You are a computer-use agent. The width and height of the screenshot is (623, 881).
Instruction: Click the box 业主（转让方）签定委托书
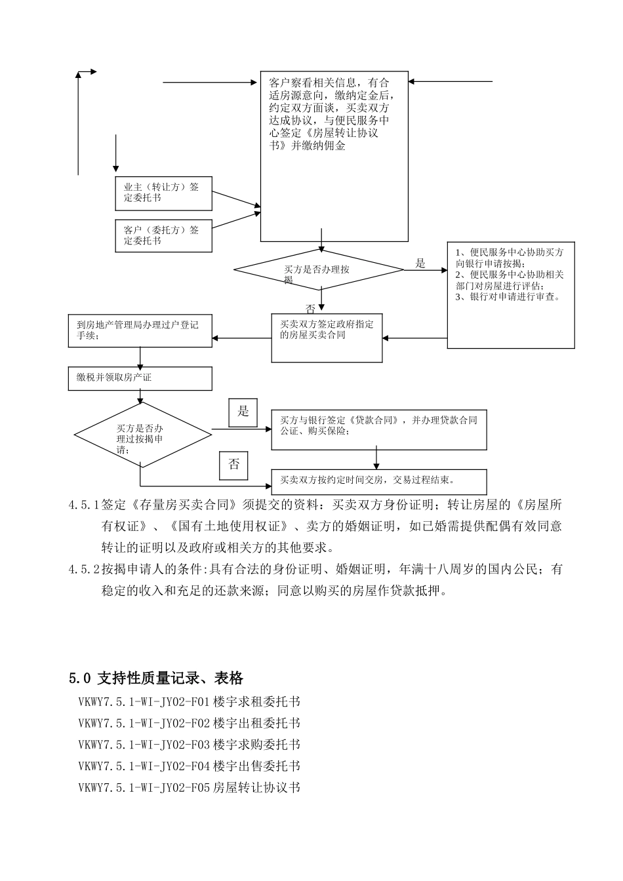(163, 193)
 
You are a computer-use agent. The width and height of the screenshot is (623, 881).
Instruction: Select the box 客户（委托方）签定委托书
(163, 235)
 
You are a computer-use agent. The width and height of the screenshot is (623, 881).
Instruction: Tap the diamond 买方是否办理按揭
(319, 269)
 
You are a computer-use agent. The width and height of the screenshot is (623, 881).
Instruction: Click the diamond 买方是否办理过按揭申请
(142, 434)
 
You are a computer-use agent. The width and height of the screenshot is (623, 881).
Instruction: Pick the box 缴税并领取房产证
(140, 378)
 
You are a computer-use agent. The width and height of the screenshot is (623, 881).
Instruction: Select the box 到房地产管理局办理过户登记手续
(140, 331)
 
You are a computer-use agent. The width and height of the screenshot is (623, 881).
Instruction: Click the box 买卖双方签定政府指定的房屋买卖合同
(327, 338)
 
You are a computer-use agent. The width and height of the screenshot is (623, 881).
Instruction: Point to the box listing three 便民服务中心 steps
(511, 294)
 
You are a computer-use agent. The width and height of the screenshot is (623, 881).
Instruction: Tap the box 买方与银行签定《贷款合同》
(379, 430)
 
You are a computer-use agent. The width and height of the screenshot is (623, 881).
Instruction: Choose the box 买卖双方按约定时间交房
(379, 481)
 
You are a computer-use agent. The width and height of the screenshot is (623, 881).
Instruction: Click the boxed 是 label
(243, 412)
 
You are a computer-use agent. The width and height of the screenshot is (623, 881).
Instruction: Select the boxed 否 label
(234, 465)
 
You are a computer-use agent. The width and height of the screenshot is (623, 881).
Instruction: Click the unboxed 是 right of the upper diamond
(420, 264)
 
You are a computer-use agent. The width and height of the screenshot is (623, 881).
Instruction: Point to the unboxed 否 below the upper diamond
(311, 307)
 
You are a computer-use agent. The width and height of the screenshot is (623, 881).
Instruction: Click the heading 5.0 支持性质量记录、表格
(156, 678)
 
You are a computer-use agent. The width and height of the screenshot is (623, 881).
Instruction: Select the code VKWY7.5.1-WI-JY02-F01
(144, 702)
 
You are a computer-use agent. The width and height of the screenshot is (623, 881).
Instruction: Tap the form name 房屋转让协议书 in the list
(256, 787)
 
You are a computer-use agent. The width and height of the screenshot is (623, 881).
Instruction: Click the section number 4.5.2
(83, 570)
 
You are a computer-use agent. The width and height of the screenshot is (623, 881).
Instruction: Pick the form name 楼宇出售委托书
(256, 766)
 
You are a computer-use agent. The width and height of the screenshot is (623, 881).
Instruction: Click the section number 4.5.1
(83, 505)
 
